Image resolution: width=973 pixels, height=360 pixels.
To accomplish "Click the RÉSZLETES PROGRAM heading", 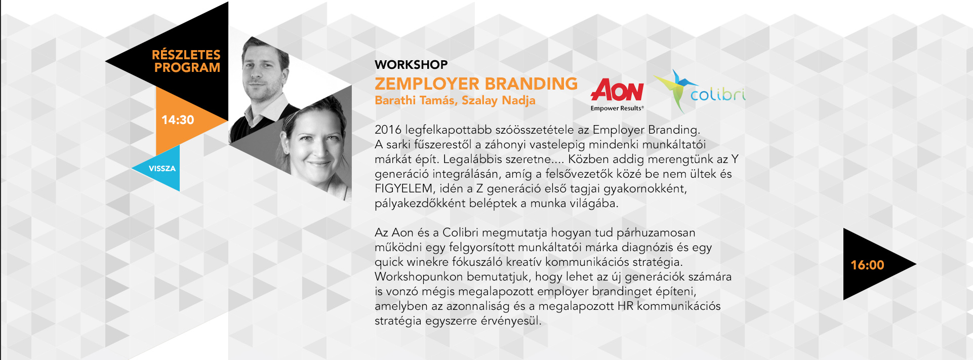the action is [186, 61].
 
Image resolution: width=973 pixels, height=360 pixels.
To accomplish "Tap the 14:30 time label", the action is [178, 120].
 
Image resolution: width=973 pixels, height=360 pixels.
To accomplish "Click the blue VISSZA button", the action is [162, 169].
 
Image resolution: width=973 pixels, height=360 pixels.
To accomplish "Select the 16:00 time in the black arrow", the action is [867, 265].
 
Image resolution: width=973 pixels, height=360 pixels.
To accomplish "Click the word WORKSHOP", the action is [411, 65].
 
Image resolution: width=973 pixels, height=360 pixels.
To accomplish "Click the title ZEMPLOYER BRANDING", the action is [476, 84].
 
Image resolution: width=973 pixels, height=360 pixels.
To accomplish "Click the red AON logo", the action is [617, 90].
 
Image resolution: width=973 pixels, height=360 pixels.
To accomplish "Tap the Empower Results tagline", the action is [617, 108].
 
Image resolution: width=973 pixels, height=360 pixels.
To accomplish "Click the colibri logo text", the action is [718, 94].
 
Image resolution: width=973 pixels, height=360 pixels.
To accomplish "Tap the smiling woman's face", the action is [316, 147].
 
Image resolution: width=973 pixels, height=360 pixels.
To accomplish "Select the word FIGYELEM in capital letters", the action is [403, 189].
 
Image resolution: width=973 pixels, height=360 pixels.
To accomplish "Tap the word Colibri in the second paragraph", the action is [460, 233].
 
